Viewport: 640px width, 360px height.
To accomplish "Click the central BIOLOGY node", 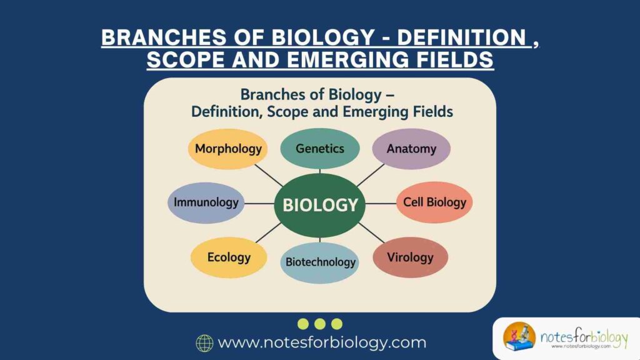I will pos(320,204).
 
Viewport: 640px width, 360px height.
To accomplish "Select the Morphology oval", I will pos(228,149).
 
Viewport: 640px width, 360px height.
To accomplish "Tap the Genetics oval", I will pos(320,149).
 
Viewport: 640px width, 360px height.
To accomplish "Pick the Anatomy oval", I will pos(411,149).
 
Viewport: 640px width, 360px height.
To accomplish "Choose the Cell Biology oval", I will pos(434,202).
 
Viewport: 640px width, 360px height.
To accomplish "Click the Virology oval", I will pos(410,257).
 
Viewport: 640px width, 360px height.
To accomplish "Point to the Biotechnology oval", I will pos(320,262).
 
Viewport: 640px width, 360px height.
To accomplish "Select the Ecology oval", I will pos(229,257).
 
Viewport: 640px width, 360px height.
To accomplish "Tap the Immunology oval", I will pos(206,202).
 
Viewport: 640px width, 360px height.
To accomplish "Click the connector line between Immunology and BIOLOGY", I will pos(259,203).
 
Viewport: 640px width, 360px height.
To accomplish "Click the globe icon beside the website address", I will pos(204,343).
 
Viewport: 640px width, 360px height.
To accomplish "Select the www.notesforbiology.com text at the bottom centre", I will pos(322,342).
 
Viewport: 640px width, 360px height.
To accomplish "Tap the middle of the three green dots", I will pos(320,324).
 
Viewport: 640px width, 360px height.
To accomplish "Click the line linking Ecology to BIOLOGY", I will pos(267,233).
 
